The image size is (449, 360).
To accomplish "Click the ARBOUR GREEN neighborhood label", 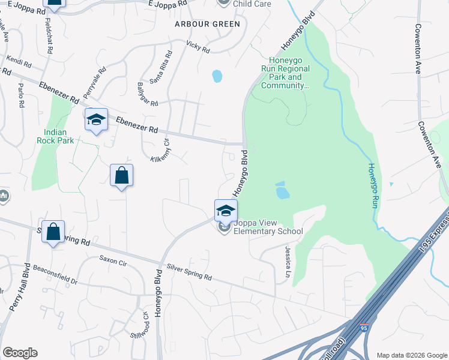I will pyautogui.click(x=207, y=24).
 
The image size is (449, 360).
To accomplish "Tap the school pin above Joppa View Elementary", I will pyautogui.click(x=226, y=211).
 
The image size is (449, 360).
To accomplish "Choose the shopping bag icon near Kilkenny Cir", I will pyautogui.click(x=121, y=176).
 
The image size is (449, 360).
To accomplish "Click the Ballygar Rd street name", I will pyautogui.click(x=146, y=94).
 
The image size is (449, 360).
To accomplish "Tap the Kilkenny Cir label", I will pyautogui.click(x=163, y=150).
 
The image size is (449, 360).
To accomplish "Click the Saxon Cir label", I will pyautogui.click(x=113, y=261).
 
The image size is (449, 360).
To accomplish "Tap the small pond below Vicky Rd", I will pyautogui.click(x=217, y=76).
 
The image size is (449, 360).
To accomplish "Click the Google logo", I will pyautogui.click(x=20, y=353).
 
